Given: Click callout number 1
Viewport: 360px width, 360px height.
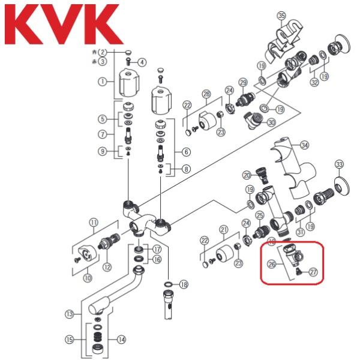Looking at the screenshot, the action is click(103, 81).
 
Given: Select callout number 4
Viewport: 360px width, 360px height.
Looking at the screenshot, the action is click(142, 62).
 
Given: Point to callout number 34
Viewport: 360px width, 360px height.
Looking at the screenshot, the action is click(304, 145).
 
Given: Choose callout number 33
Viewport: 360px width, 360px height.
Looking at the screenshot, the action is click(340, 164).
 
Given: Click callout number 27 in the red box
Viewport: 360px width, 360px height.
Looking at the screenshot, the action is click(313, 272).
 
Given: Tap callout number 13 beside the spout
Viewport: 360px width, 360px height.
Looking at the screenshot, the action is click(70, 313).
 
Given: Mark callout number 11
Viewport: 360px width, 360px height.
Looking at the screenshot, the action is click(94, 223).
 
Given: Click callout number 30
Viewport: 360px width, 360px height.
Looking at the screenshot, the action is click(272, 122).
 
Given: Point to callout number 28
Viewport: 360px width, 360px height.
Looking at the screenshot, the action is click(206, 94).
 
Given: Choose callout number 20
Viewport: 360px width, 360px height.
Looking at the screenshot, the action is click(247, 175).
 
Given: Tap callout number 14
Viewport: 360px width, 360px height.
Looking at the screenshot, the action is click(122, 340).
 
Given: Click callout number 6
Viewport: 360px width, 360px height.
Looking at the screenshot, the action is click(185, 152).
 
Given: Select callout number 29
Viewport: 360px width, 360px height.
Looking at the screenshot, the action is click(243, 82).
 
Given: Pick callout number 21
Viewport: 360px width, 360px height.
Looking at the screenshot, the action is click(224, 229).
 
